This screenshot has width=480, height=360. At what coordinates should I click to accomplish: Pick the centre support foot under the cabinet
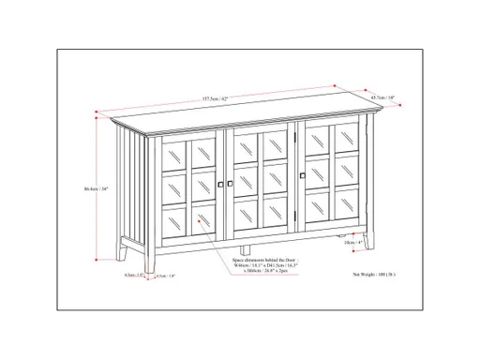click(x=247, y=252)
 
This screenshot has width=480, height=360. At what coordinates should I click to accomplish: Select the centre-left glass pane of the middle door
click(x=247, y=184)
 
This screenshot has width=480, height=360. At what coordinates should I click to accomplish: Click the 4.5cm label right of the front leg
click(x=167, y=276)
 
